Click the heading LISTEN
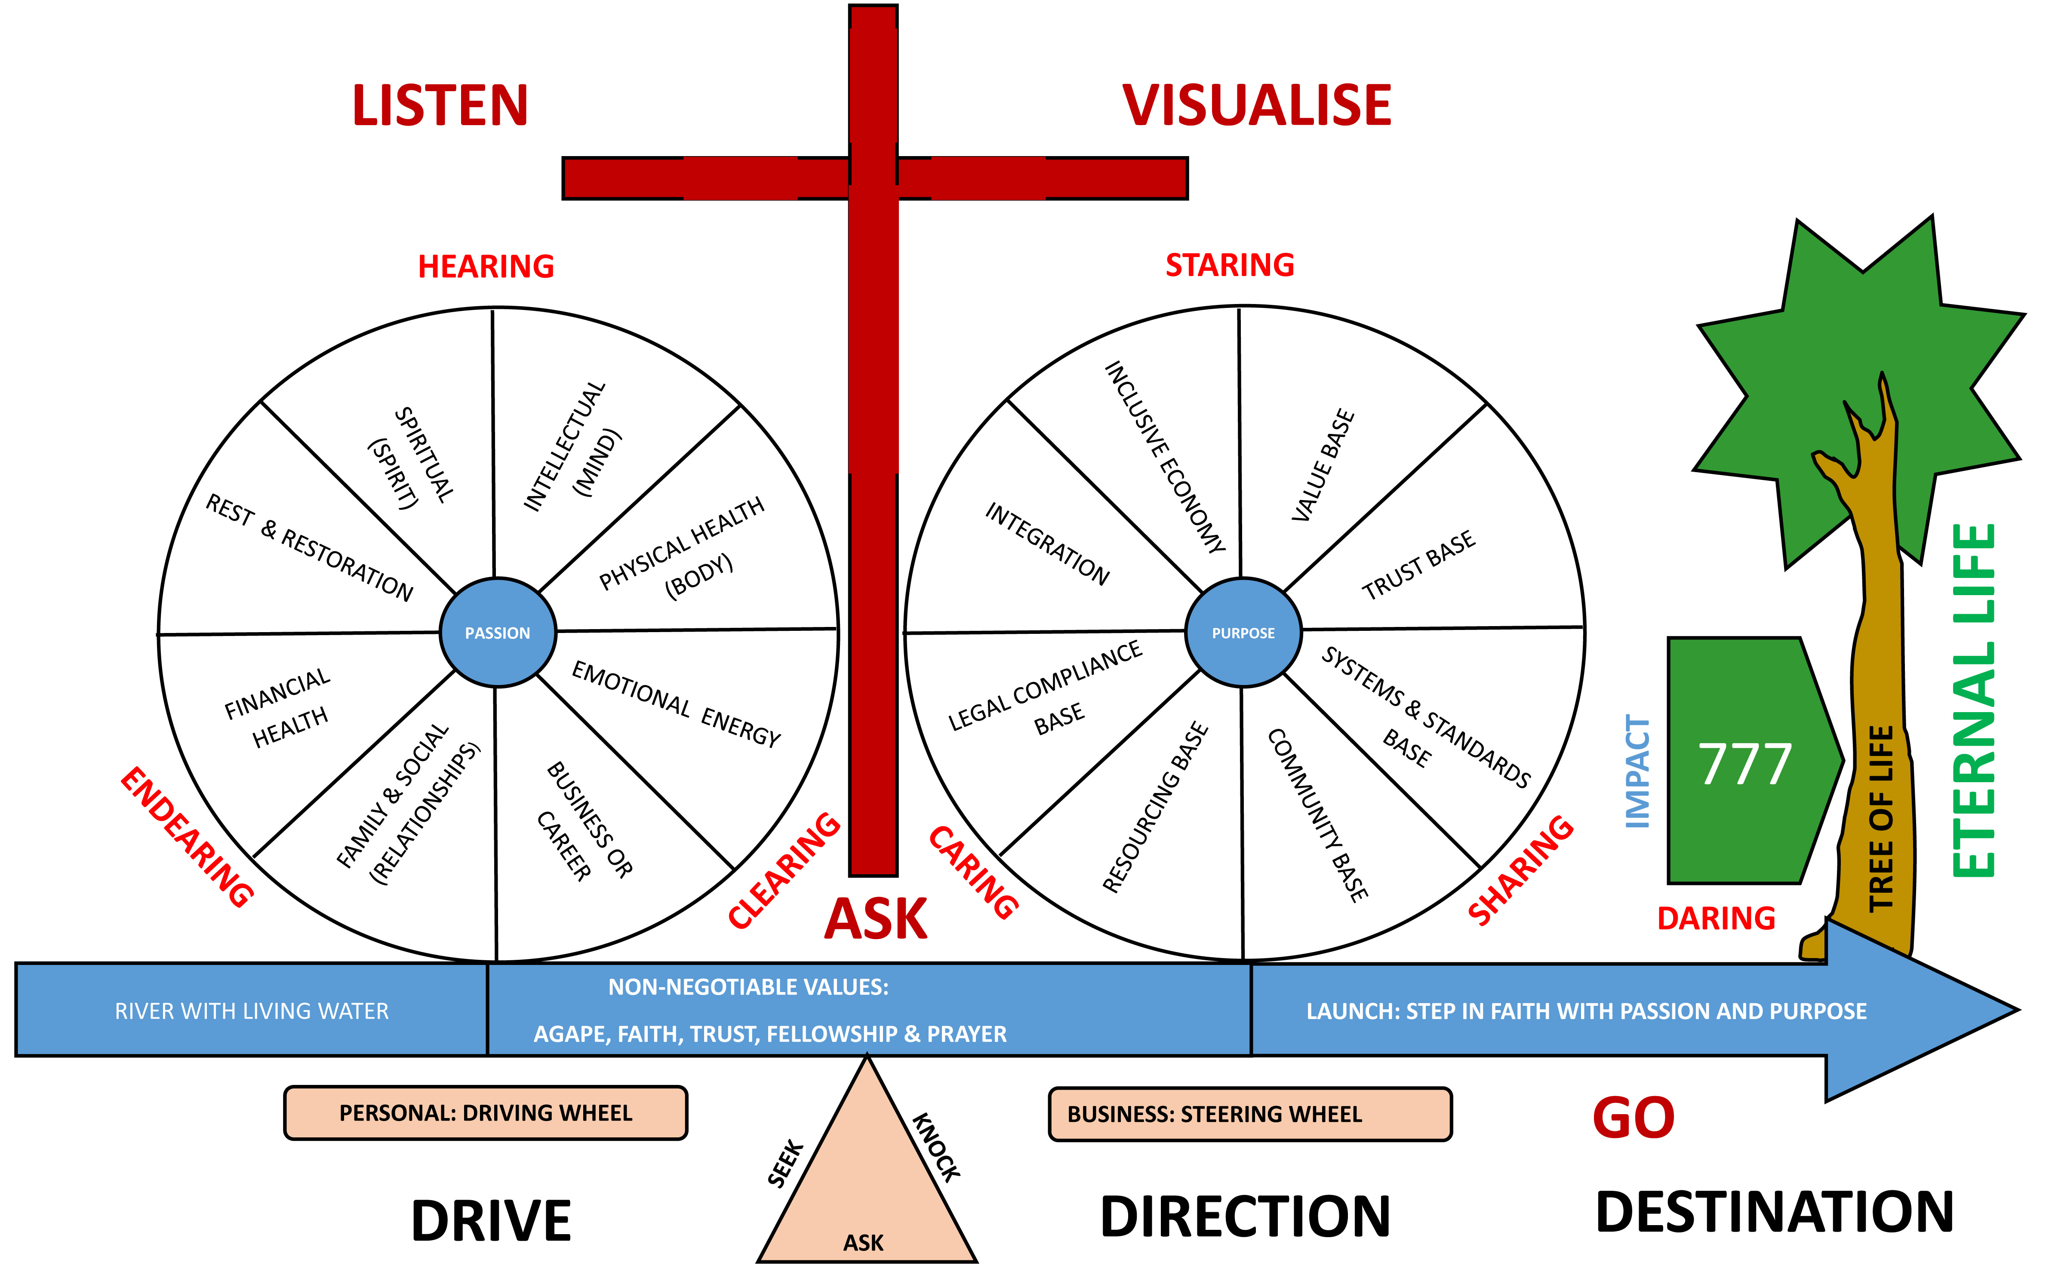coord(440,107)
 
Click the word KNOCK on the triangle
coord(936,1147)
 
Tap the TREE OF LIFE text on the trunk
coord(1881,818)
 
